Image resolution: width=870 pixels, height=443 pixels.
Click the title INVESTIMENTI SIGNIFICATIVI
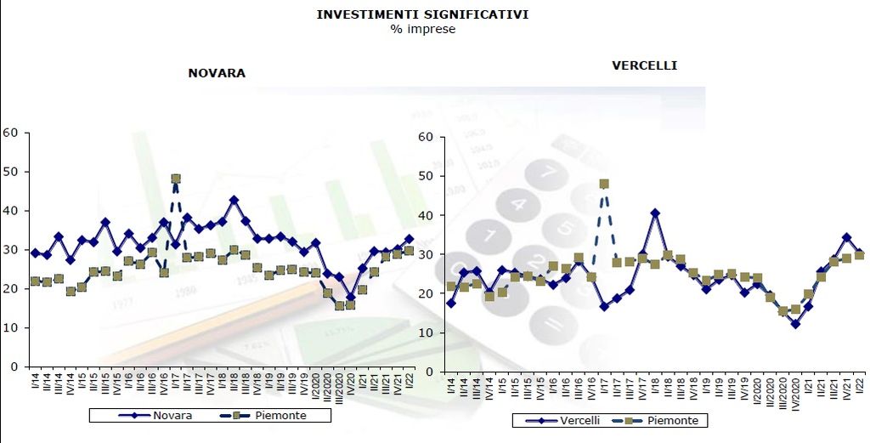coord(423,14)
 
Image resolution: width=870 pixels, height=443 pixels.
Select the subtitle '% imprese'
coord(423,29)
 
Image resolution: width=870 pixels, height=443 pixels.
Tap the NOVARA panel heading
coord(217,73)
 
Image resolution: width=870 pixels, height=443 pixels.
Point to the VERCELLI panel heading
coord(645,65)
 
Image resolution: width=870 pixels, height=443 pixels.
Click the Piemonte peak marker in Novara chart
coord(176,179)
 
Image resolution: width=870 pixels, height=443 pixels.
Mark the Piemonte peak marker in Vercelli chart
coord(604,184)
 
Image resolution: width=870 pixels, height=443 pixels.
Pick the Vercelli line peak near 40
coord(654,213)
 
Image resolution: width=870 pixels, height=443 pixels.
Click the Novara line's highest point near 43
coord(234,201)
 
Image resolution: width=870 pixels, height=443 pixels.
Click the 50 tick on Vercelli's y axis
coord(427,176)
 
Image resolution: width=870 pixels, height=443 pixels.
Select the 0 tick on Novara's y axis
coord(14,366)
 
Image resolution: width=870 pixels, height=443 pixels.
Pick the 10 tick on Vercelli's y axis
coord(427,332)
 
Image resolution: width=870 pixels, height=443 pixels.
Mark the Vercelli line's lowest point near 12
coord(795,324)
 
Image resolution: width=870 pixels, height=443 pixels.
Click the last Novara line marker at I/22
coord(409,240)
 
